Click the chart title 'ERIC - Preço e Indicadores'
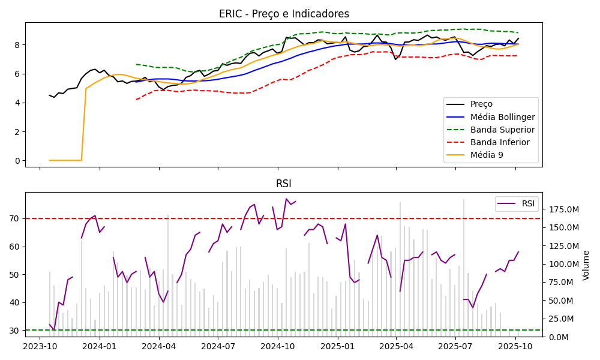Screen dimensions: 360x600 pyautogui.click(x=284, y=14)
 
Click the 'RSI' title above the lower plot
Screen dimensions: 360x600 pyautogui.click(x=284, y=184)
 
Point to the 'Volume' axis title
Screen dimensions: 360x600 pyautogui.click(x=586, y=265)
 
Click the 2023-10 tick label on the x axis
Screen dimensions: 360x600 pyautogui.click(x=40, y=347)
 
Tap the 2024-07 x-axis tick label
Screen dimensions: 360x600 pyautogui.click(x=218, y=347)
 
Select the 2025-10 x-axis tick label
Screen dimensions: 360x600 pyautogui.click(x=515, y=347)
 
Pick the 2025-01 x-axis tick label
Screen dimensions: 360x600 pyautogui.click(x=338, y=347)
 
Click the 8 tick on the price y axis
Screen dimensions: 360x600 pyautogui.click(x=17, y=45)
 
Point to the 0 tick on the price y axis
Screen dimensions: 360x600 pyautogui.click(x=17, y=161)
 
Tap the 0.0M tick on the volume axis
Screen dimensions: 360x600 pyautogui.click(x=557, y=337)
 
